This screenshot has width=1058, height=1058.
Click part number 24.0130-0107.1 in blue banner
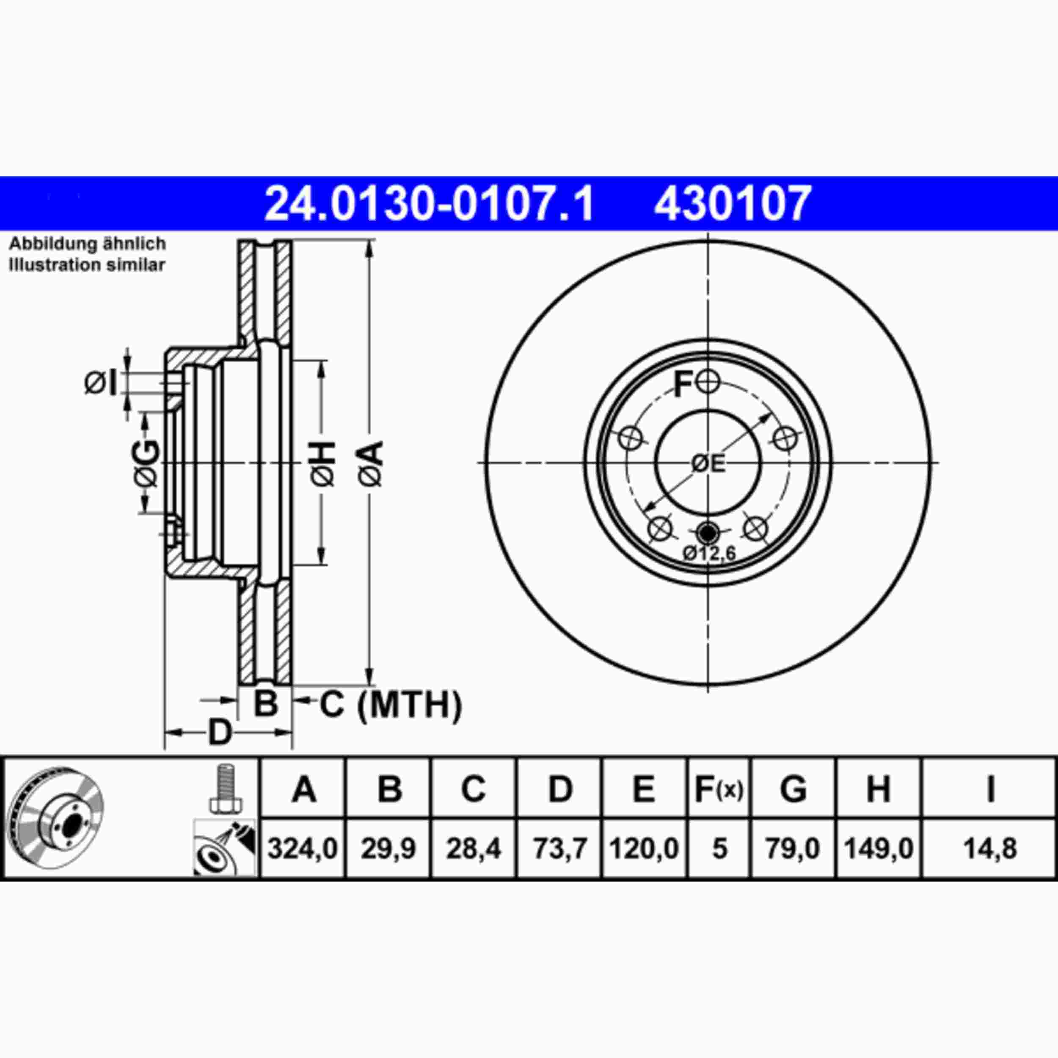click(429, 204)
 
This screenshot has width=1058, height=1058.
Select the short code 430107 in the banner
click(732, 204)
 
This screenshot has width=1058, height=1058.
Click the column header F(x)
click(719, 789)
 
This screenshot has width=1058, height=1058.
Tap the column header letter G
click(793, 789)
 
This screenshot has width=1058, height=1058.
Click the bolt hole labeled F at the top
click(708, 382)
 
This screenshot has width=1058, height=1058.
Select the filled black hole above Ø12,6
click(708, 531)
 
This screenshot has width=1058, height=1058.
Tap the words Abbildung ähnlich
click(88, 244)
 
